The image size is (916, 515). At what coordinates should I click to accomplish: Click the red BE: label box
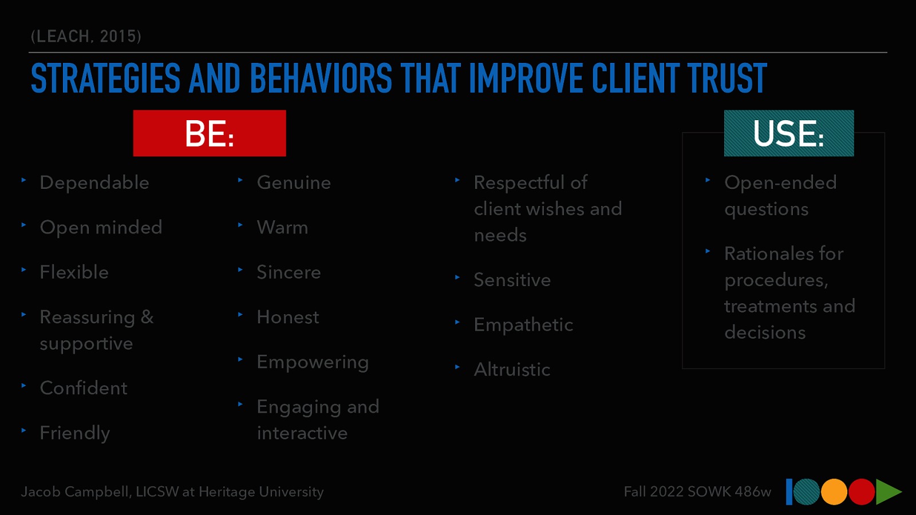[210, 133]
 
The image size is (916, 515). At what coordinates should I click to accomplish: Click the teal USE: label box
[788, 133]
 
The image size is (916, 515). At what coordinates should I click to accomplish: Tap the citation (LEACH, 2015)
[86, 37]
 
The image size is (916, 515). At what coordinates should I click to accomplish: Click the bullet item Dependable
[94, 183]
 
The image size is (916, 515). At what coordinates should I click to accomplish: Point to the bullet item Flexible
[74, 272]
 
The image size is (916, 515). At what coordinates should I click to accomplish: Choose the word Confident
[84, 388]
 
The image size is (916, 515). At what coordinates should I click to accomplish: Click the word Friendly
[75, 433]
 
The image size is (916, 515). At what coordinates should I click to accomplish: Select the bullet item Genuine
[294, 183]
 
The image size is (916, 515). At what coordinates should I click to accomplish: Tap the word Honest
[288, 317]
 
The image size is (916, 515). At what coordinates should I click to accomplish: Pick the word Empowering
[313, 362]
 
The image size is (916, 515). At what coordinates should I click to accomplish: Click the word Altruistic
[512, 370]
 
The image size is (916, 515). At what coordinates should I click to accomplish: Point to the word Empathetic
[523, 325]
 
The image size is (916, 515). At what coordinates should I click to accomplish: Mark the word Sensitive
[512, 280]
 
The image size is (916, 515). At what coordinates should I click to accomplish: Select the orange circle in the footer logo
[834, 492]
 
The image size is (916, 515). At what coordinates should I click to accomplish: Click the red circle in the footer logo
[862, 492]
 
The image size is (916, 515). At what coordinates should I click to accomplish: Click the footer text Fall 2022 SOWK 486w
[697, 492]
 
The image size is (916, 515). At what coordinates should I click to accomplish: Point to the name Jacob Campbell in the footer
[75, 492]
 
